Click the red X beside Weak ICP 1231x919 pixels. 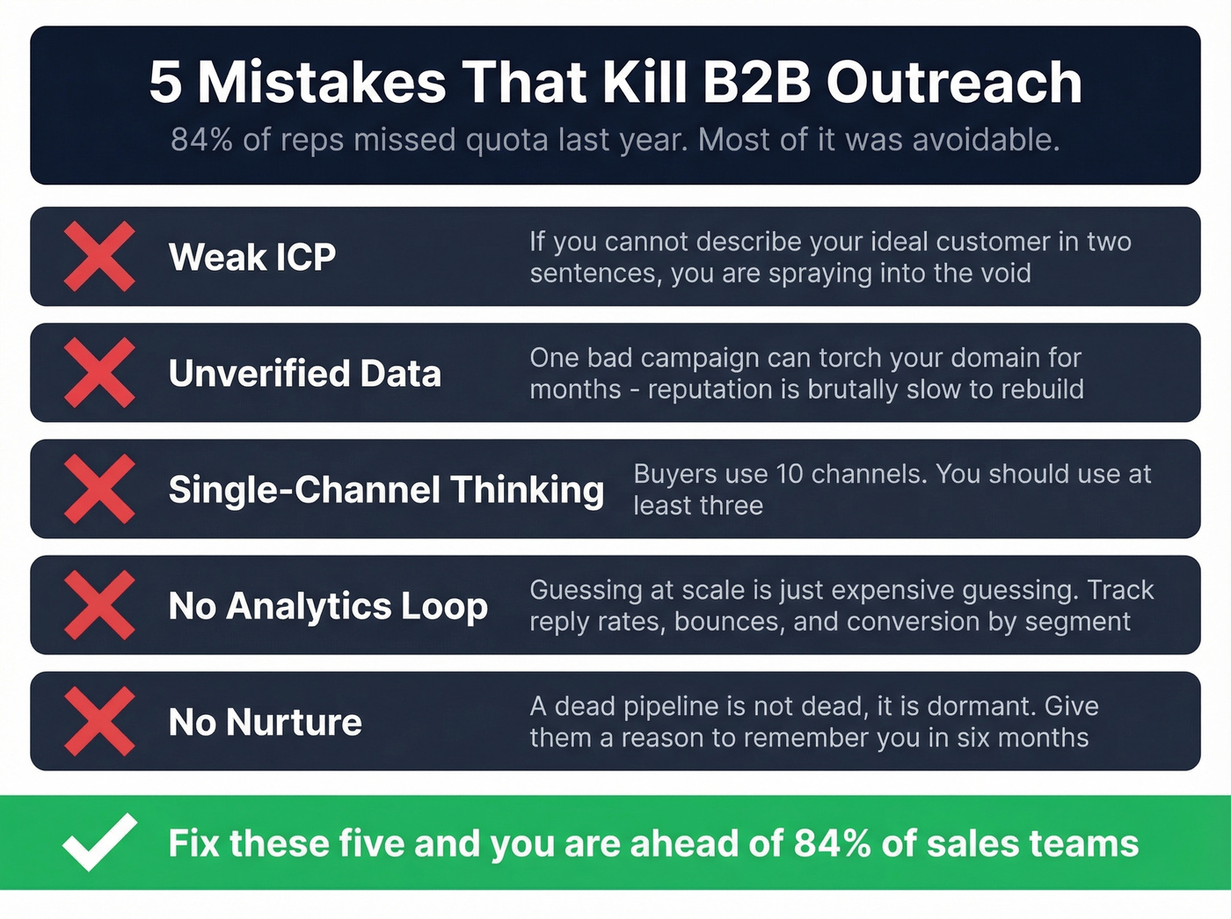pyautogui.click(x=99, y=257)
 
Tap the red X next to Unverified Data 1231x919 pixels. pyautogui.click(x=99, y=373)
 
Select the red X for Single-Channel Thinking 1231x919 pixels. pyautogui.click(x=99, y=489)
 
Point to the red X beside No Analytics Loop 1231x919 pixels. pyautogui.click(x=99, y=605)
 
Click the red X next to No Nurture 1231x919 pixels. pyautogui.click(x=99, y=722)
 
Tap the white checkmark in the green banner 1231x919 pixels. pyautogui.click(x=99, y=842)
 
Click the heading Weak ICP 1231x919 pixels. pyautogui.click(x=252, y=258)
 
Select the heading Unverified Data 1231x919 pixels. pyautogui.click(x=304, y=374)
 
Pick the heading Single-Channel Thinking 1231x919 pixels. pyautogui.click(x=386, y=490)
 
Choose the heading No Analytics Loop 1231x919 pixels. pyautogui.click(x=328, y=606)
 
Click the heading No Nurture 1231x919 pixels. pyautogui.click(x=265, y=723)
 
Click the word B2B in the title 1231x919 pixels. pyautogui.click(x=755, y=83)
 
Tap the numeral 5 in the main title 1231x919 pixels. pyautogui.click(x=165, y=83)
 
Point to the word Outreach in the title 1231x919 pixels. pyautogui.click(x=954, y=83)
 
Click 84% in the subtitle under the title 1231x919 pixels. pyautogui.click(x=201, y=140)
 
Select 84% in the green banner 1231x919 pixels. pyautogui.click(x=832, y=843)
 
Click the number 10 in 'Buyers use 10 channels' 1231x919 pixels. pyautogui.click(x=790, y=474)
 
